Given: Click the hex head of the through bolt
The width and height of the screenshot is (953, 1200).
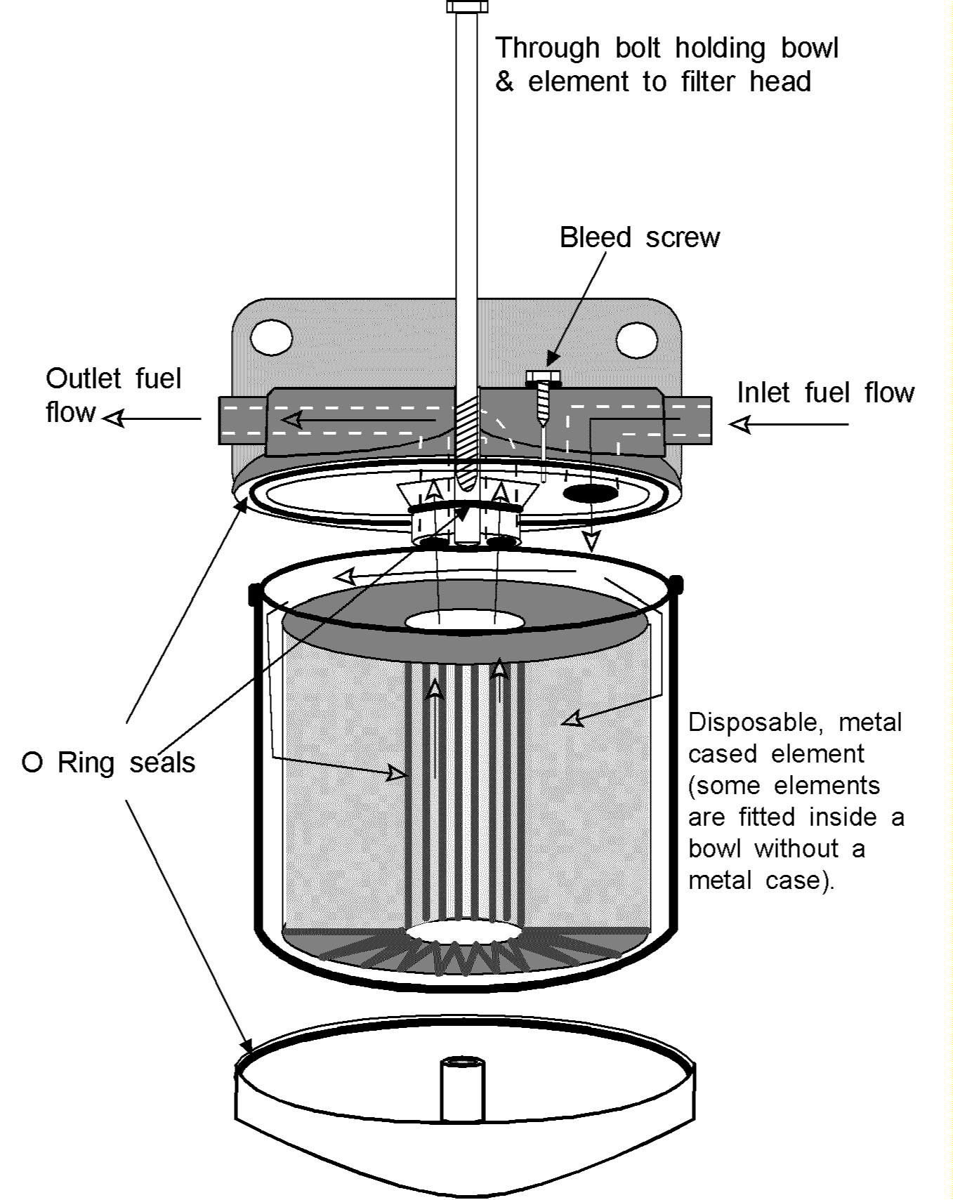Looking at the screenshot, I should pos(467,6).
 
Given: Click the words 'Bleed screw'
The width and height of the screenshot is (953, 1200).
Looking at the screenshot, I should pos(639,237).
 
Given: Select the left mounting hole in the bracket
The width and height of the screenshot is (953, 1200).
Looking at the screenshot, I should pos(271,338).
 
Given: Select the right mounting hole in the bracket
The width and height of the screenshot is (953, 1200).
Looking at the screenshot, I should pos(636,340).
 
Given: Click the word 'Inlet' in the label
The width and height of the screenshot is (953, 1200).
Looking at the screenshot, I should pos(763,393).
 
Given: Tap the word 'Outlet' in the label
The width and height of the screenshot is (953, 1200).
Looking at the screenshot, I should pos(83,378).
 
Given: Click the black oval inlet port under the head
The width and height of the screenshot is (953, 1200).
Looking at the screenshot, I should pos(591,494).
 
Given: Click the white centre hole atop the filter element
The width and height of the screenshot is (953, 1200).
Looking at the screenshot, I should pos(464,621).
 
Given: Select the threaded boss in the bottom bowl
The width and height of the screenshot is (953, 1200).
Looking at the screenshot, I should pos(463,1089).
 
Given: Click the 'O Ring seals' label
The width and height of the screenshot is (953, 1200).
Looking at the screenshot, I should pos(109,763).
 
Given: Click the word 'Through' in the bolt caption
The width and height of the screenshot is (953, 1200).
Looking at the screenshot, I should pos(547,48).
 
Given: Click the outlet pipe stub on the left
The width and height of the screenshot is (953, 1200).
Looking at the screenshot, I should pos(242,420).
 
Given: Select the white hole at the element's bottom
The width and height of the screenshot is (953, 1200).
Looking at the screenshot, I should pos(464,932).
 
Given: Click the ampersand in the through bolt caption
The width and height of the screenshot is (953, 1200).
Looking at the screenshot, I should pos(504,82).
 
